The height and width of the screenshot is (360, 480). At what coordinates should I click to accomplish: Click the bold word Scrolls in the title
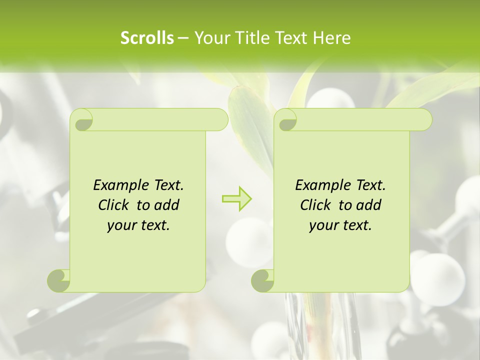[x=147, y=38]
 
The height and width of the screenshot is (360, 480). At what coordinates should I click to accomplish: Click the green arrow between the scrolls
[x=236, y=198]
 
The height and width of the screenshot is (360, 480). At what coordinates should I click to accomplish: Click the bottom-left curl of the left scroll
[x=58, y=280]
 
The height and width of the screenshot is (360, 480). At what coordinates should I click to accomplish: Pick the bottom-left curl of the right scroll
[x=262, y=280]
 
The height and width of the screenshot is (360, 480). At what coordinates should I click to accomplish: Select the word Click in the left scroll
[x=115, y=205]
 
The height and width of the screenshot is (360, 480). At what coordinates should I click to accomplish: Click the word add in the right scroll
[x=368, y=205]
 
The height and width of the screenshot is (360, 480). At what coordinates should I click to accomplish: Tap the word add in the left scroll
[x=166, y=205]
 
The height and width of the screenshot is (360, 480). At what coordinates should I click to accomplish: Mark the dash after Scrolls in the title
[x=183, y=38]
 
